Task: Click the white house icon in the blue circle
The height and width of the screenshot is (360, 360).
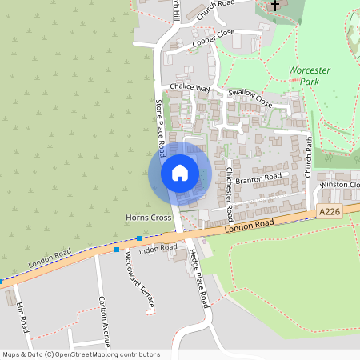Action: [180, 172]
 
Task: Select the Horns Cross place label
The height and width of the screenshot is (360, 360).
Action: [149, 218]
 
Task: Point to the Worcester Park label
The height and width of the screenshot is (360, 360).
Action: [310, 76]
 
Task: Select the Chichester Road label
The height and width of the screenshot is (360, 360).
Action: [229, 194]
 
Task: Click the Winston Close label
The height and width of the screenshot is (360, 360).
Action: [339, 185]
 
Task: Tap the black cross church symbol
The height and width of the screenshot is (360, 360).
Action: [275, 6]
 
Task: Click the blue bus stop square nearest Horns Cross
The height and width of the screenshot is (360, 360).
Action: [139, 238]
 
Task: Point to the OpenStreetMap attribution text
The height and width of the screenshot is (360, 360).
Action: [81, 354]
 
